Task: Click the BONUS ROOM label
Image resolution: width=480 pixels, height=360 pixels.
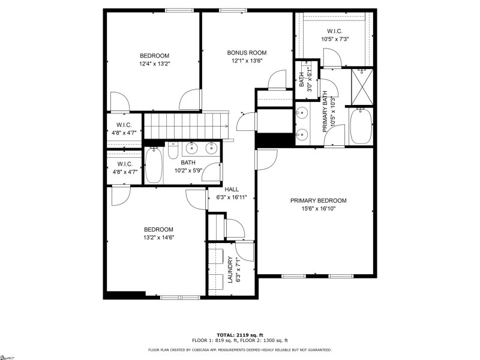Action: point(247,52)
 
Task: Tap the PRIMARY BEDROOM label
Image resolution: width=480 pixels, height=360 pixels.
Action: point(318,200)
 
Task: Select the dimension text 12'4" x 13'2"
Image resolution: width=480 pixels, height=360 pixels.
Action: point(155,64)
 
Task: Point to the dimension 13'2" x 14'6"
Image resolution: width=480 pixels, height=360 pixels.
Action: point(158,238)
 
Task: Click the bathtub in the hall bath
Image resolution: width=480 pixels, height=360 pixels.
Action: point(154,166)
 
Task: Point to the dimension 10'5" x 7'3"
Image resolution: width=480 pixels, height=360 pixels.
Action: point(335,39)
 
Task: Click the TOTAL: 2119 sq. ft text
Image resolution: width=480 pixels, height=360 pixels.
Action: point(240,335)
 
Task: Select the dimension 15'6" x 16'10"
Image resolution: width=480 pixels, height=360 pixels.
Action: point(318,209)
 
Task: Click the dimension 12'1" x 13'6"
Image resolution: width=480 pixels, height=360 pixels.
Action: point(247,61)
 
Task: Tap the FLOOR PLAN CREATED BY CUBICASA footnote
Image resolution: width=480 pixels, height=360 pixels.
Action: point(240,349)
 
